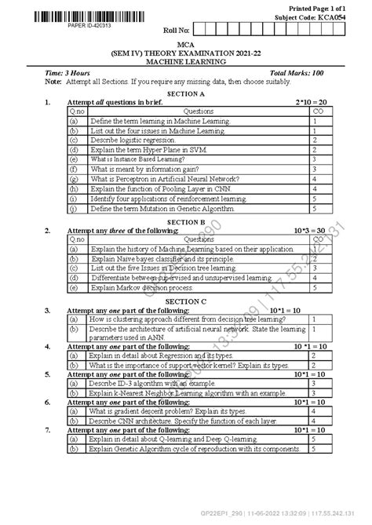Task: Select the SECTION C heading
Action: tap(186, 300)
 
